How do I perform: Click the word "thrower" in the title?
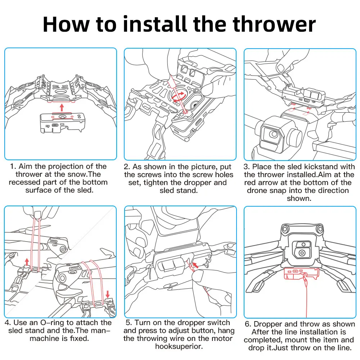[x=274, y=24]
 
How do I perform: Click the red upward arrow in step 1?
[x=62, y=107]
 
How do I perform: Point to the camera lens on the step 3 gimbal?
[x=273, y=134]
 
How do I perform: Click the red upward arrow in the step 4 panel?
[x=27, y=262]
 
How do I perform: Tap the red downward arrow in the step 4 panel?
[x=107, y=294]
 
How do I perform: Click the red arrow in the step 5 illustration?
[x=195, y=265]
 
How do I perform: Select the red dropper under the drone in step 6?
[x=301, y=274]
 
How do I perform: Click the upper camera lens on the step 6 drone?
[x=303, y=244]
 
